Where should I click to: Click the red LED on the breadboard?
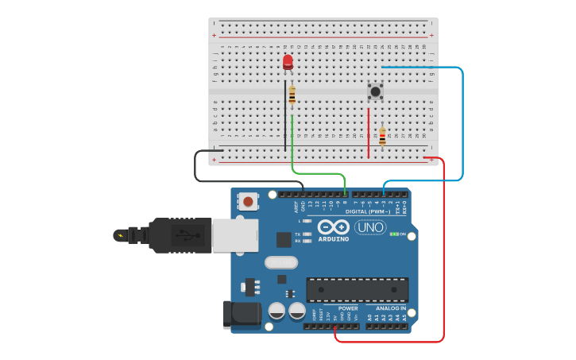tap(288, 61)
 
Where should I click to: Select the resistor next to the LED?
tap(292, 96)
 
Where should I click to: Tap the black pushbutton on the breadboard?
tap(375, 91)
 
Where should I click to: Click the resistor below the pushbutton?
tap(382, 137)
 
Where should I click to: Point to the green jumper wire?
tap(318, 172)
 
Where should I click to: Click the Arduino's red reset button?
tap(248, 202)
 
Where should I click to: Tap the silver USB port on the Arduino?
tap(234, 235)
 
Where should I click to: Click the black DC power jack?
tap(242, 314)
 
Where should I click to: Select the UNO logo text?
tap(370, 228)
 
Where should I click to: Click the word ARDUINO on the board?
tap(334, 239)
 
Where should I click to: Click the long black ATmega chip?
tap(358, 289)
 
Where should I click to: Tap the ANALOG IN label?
tap(390, 308)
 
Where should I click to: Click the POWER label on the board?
tap(348, 308)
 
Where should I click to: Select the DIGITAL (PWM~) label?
tap(367, 211)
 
